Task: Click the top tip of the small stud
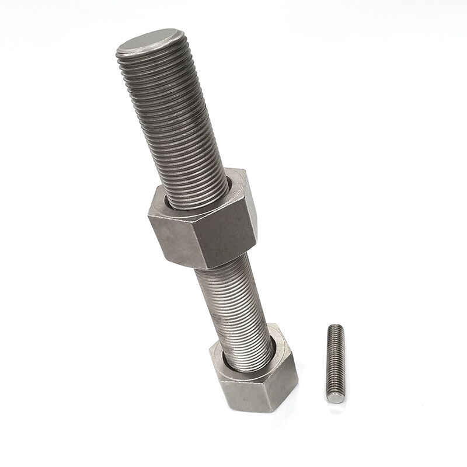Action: [x=336, y=327]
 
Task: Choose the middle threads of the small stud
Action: [x=336, y=362]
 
